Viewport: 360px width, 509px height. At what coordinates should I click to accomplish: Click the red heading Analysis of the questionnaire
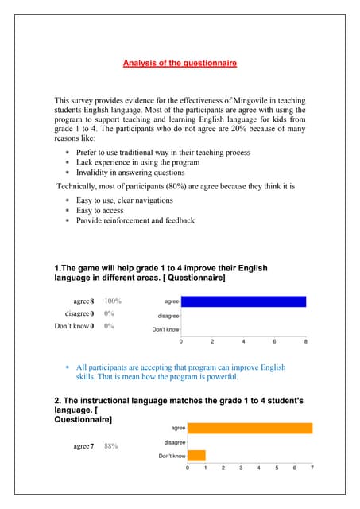coord(180,63)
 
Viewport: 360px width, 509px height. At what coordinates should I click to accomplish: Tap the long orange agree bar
coord(250,428)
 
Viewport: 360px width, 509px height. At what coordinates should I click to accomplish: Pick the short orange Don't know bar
coord(196,456)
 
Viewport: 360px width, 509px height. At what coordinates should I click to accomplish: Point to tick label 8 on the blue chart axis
coord(306,341)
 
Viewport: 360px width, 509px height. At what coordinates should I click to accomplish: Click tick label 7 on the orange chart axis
coord(312,468)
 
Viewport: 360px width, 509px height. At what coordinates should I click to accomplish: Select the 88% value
coord(110,446)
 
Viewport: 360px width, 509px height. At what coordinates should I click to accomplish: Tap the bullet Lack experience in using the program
coord(137,162)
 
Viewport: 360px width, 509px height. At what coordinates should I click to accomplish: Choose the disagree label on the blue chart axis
coord(168,316)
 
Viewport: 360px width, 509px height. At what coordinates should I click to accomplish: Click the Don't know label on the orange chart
coord(172,456)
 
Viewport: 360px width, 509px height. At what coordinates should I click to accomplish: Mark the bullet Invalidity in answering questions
coord(130,173)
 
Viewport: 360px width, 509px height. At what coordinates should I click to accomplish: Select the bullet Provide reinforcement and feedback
coord(135,220)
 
